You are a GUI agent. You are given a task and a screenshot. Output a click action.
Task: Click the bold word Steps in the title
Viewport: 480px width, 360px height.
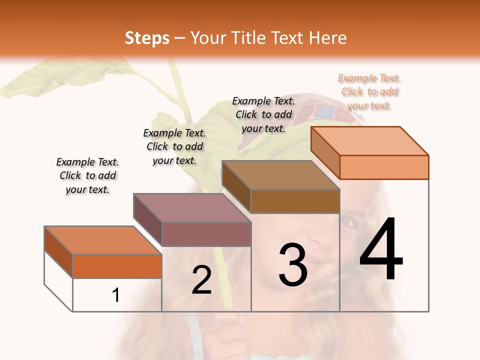[147, 38]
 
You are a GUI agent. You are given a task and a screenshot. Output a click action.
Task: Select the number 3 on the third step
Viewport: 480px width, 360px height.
[293, 265]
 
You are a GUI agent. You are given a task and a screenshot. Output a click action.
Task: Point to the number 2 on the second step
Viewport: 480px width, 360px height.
[201, 280]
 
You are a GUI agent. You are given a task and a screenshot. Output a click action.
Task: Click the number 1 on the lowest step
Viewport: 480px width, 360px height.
[115, 295]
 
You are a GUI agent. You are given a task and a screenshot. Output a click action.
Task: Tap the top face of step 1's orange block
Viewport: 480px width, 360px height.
[102, 240]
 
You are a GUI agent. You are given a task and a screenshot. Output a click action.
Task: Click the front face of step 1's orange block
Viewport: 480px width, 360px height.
[117, 266]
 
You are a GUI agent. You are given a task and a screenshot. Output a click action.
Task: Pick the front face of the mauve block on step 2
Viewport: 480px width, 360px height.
[206, 234]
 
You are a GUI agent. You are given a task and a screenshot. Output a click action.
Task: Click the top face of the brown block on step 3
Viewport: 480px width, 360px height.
[280, 175]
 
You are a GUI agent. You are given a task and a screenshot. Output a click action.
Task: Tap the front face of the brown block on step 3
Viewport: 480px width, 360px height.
[295, 201]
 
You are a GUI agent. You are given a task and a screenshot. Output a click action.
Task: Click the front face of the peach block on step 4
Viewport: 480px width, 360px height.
[384, 167]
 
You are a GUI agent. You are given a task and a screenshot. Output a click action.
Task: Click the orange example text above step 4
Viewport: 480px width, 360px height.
[369, 92]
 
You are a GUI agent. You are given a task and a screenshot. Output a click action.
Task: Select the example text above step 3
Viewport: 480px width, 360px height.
[263, 114]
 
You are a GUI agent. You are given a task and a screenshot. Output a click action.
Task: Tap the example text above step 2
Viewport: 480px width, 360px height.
[174, 146]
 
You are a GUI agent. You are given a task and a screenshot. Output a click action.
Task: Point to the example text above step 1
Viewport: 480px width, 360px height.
[87, 175]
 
